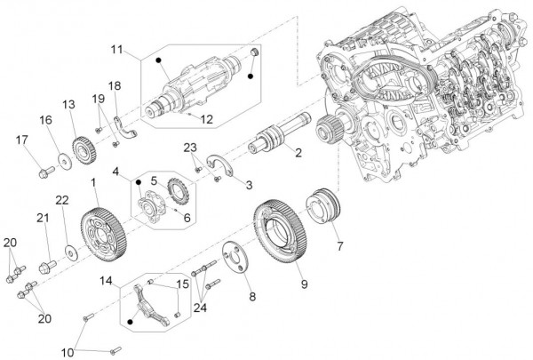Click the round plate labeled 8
(x=238, y=260)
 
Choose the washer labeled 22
(x=69, y=246)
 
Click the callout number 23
(x=189, y=147)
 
